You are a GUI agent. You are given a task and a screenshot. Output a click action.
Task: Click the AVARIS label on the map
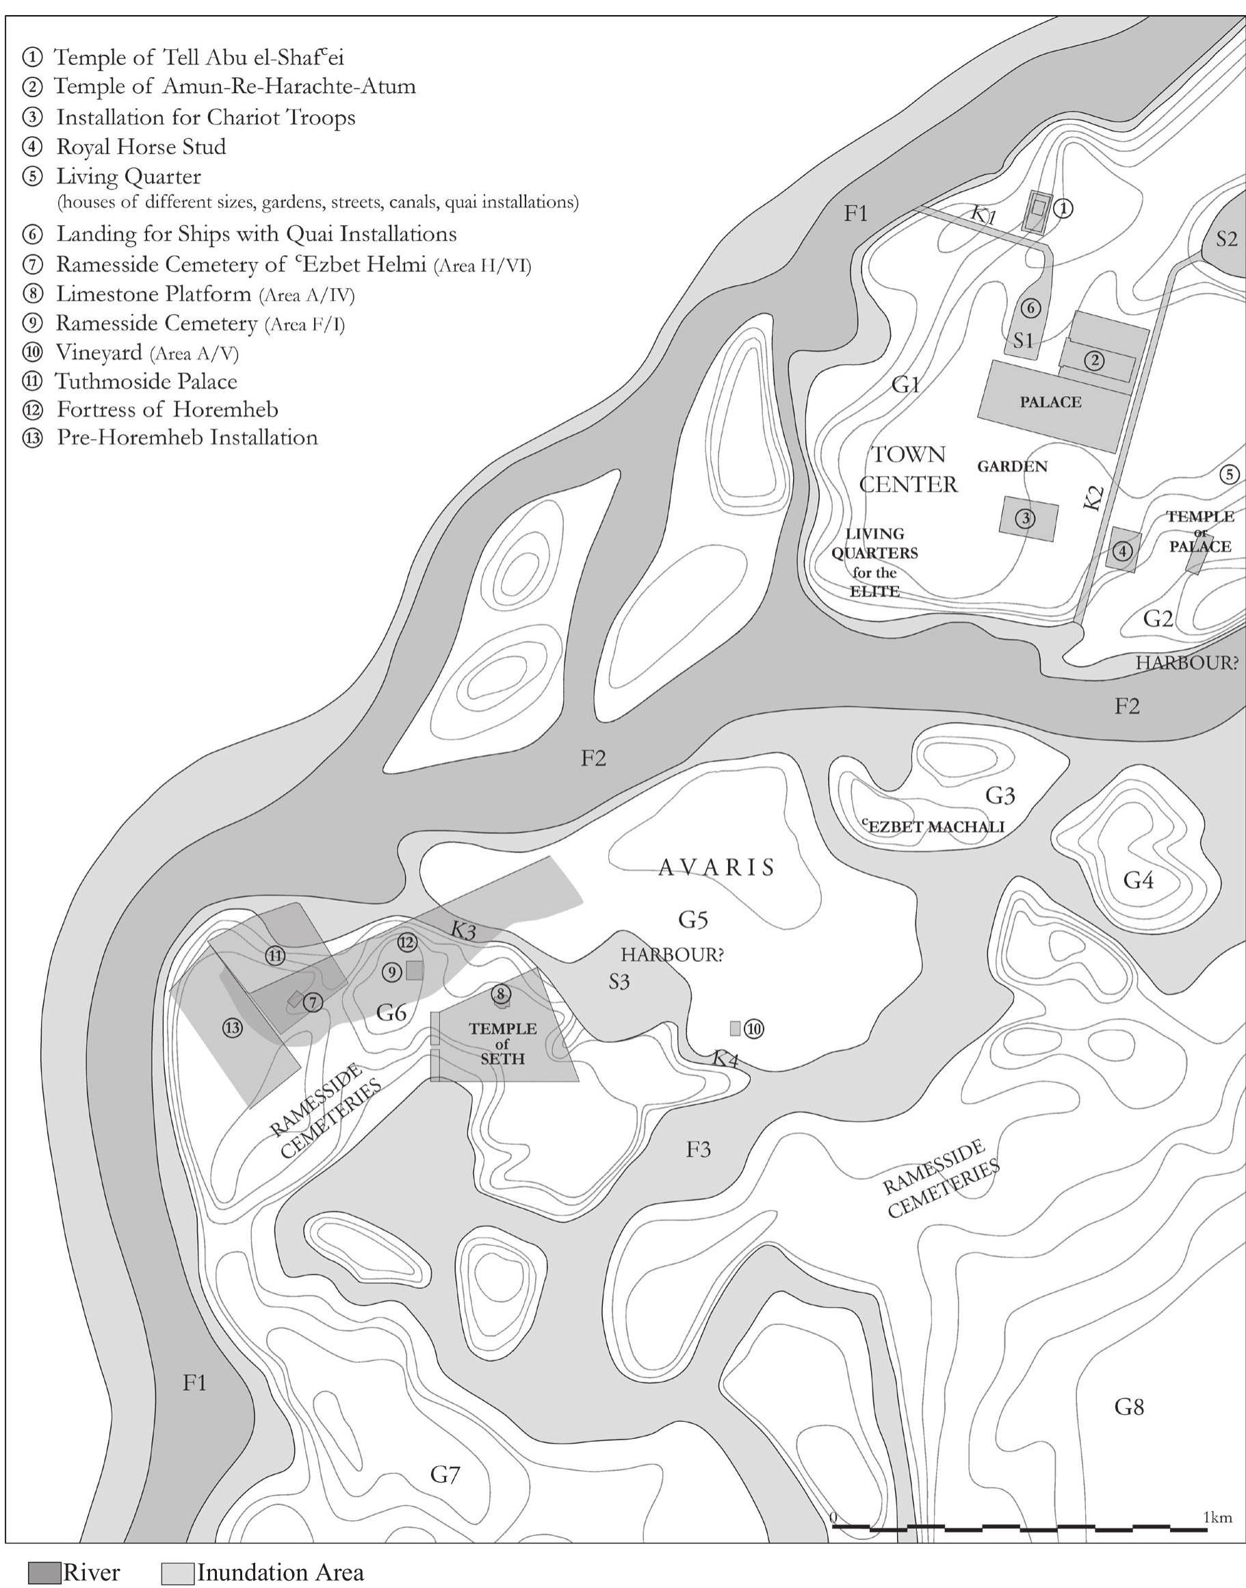716,868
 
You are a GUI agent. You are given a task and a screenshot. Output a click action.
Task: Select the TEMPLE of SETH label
503,1043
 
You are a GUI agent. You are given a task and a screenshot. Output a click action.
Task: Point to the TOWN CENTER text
907,469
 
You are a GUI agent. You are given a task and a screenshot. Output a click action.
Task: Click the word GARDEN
1012,466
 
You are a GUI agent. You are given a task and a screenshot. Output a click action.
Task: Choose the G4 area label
1138,881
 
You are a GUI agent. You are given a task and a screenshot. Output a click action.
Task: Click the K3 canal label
463,930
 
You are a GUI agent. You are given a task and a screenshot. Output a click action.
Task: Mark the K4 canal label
725,1058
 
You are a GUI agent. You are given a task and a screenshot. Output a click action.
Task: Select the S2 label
1226,239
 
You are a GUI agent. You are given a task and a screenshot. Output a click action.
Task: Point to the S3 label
619,982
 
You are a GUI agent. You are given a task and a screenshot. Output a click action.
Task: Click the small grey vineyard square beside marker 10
736,1028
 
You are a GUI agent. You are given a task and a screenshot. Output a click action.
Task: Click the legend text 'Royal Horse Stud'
141,146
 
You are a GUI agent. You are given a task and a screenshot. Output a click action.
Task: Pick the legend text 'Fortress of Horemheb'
167,409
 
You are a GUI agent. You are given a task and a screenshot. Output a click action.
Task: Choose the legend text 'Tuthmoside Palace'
146,382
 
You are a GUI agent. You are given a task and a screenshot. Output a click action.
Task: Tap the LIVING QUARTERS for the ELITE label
874,562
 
